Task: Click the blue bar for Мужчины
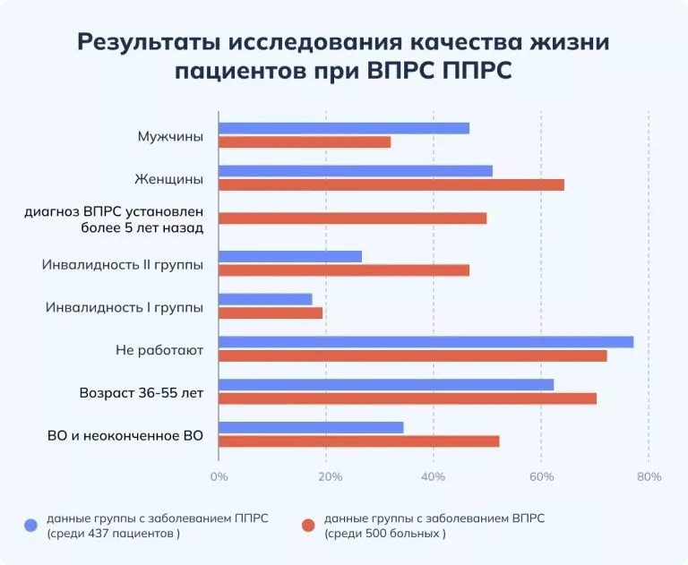click(344, 128)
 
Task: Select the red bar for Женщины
click(391, 184)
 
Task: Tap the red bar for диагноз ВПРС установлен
click(352, 218)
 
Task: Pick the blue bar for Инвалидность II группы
click(290, 257)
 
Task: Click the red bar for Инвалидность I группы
click(271, 313)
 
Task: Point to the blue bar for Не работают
click(426, 342)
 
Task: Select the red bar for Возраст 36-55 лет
click(408, 398)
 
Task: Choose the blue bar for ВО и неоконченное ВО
click(311, 427)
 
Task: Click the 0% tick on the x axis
click(219, 476)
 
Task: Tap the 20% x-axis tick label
click(329, 476)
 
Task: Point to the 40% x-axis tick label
click(434, 476)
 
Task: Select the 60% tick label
click(541, 476)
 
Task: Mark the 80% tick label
click(649, 476)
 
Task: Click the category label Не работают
click(159, 350)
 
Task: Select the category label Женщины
click(168, 179)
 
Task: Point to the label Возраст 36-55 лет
click(142, 393)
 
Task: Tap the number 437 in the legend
click(105, 534)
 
